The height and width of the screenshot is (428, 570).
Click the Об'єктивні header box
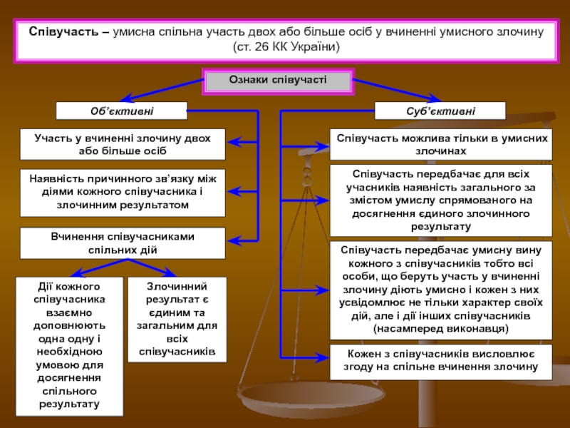(x=122, y=111)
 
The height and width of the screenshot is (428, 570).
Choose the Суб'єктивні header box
(x=440, y=111)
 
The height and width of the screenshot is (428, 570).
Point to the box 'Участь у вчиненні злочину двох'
(x=122, y=143)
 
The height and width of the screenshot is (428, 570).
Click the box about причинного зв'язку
(x=122, y=193)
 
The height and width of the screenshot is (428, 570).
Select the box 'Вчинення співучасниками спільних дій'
(x=122, y=243)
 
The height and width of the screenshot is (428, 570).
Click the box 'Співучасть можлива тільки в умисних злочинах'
(x=440, y=143)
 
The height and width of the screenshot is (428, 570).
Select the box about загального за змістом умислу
(x=440, y=200)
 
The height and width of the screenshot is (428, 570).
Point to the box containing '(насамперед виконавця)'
(x=440, y=290)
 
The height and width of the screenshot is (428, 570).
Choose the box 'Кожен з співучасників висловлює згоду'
(x=440, y=361)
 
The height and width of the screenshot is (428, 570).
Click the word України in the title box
(x=318, y=46)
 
